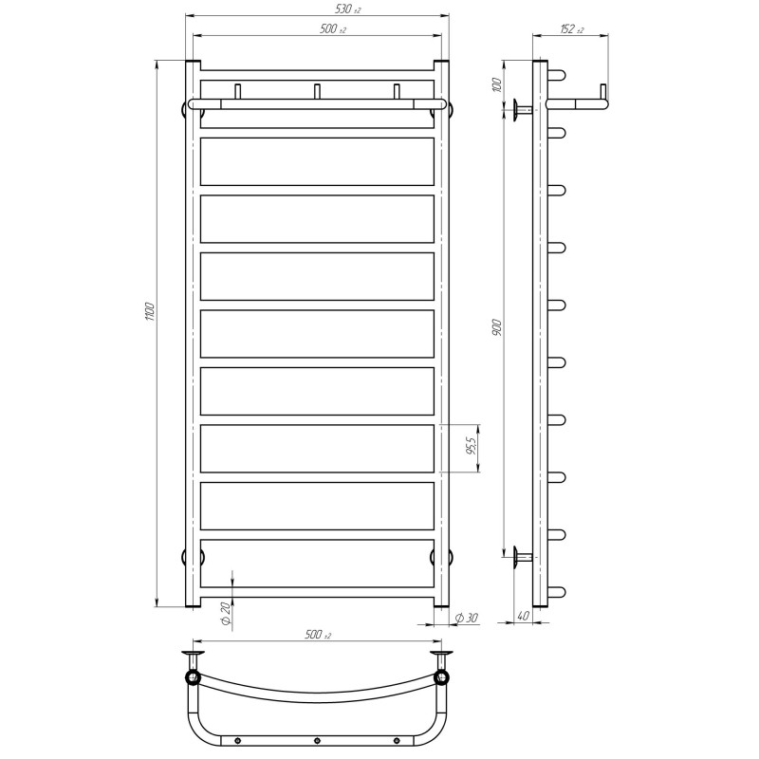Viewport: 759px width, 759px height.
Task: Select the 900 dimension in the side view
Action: click(x=497, y=327)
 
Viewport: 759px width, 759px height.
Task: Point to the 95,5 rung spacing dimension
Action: click(x=472, y=447)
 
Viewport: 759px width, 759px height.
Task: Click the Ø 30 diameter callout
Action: click(x=468, y=619)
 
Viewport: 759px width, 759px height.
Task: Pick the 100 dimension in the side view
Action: click(x=497, y=84)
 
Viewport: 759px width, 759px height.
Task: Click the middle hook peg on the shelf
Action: click(x=318, y=91)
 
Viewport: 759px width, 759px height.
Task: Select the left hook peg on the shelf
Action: click(x=238, y=91)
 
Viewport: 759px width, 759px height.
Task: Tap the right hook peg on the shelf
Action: click(x=398, y=91)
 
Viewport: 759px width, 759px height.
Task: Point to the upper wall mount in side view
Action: click(x=522, y=110)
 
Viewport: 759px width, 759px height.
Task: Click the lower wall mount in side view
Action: click(x=522, y=557)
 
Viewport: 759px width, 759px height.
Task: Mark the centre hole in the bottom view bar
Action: click(x=318, y=741)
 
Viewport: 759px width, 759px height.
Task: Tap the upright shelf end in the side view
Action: click(x=602, y=92)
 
